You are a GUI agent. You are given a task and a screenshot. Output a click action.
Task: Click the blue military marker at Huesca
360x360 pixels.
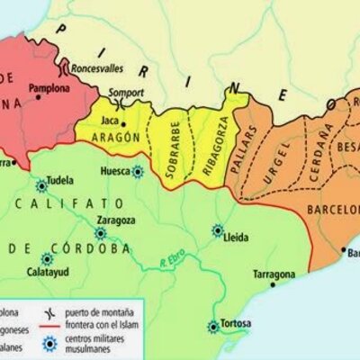[137, 171]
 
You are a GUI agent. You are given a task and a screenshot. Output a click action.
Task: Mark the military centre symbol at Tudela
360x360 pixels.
[40, 186]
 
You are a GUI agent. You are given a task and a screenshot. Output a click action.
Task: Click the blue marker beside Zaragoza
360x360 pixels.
[100, 232]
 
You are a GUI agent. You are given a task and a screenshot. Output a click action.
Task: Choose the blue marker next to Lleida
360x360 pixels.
[216, 230]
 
